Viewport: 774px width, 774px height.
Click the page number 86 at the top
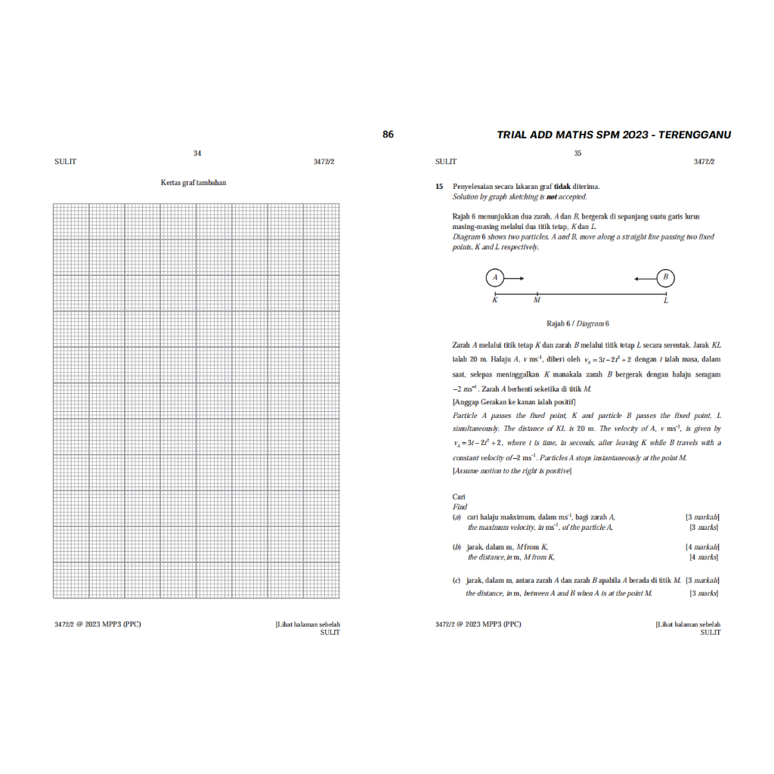click(x=388, y=135)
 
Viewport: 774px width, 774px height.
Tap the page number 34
click(x=197, y=153)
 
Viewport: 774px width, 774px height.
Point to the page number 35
click(x=577, y=153)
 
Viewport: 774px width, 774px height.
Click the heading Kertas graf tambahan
click(x=193, y=182)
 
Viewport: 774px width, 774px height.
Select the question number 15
click(x=438, y=186)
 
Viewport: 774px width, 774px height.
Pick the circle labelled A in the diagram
click(x=495, y=278)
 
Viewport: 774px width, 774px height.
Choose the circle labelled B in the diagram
click(x=666, y=278)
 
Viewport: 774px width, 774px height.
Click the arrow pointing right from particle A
click(x=515, y=279)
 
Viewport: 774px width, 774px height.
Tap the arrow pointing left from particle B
click(x=646, y=279)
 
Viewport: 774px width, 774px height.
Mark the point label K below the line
click(x=495, y=301)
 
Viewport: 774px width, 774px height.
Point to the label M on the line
click(x=537, y=301)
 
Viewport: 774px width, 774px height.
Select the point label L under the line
click(x=666, y=301)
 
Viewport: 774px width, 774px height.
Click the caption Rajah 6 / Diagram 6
click(x=577, y=324)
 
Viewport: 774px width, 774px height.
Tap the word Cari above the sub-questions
click(x=459, y=497)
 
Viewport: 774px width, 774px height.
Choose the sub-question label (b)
click(x=457, y=546)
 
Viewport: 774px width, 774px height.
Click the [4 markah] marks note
click(x=701, y=546)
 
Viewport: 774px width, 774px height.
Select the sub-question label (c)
click(x=457, y=580)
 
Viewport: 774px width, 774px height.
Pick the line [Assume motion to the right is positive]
click(x=512, y=471)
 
